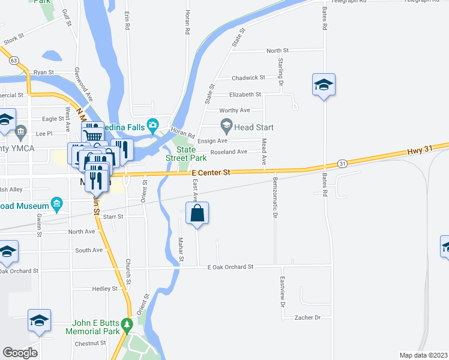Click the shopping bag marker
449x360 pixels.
(x=197, y=214)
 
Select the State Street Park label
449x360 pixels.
(x=191, y=154)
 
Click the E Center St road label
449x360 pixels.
(x=211, y=173)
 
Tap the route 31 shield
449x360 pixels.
(x=341, y=163)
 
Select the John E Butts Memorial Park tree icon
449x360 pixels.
(x=126, y=326)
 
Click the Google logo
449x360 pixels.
(x=20, y=353)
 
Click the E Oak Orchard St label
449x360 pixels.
(x=231, y=266)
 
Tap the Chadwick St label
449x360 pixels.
(x=249, y=77)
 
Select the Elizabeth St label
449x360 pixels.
(x=245, y=94)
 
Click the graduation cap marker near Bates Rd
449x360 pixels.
(x=323, y=85)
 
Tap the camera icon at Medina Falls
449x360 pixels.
(x=153, y=125)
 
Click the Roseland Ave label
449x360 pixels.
(x=229, y=152)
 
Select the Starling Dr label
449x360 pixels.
(x=280, y=71)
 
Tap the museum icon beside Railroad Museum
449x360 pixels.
(x=57, y=204)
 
